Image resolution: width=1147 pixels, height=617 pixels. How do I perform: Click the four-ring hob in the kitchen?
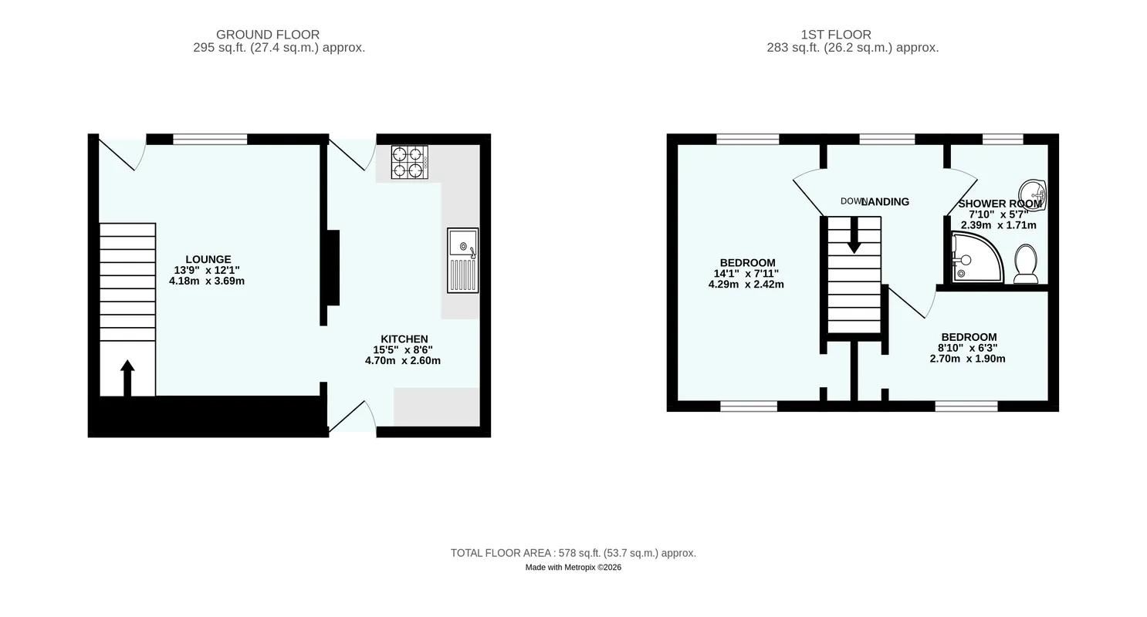tap(410, 162)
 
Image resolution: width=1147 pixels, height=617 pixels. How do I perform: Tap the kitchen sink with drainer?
tap(463, 261)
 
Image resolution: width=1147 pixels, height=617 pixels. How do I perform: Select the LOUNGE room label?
tap(208, 259)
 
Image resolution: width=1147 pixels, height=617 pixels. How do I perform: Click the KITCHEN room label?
tap(404, 339)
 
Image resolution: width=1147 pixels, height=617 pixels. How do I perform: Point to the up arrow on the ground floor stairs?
tap(127, 378)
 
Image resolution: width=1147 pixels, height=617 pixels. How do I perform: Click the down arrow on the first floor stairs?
tap(854, 234)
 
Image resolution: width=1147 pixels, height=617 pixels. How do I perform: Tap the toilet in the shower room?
tap(1026, 264)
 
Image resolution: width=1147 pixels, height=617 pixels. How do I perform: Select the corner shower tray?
tap(977, 257)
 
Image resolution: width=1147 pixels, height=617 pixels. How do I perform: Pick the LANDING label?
tap(885, 202)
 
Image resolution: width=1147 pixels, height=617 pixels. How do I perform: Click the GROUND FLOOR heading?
tap(268, 35)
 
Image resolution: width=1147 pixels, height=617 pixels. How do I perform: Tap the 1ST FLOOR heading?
tap(836, 35)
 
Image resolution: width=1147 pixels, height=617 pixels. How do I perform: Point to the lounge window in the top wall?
tap(210, 139)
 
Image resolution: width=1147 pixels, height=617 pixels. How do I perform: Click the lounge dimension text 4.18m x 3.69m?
tap(207, 281)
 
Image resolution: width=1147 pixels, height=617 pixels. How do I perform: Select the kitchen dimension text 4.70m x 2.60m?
tap(403, 361)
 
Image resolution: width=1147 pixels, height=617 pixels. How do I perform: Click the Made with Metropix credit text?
tap(573, 568)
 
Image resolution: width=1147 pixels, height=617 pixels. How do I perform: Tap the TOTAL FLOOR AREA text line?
tap(573, 553)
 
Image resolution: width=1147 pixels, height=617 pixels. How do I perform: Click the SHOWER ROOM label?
tap(1000, 204)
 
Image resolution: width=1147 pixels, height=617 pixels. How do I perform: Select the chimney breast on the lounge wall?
tap(333, 268)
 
